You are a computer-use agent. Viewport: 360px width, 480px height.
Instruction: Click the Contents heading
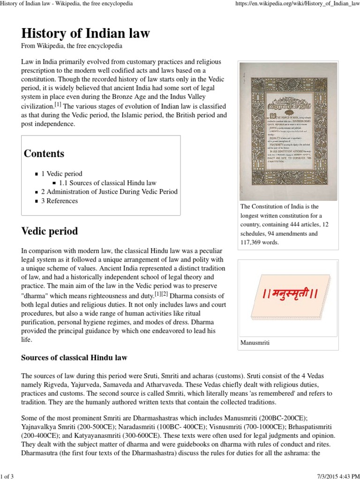click(x=44, y=153)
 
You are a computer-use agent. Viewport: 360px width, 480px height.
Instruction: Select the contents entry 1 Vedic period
click(x=65, y=173)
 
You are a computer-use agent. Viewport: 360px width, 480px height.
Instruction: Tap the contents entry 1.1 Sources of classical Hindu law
click(x=108, y=183)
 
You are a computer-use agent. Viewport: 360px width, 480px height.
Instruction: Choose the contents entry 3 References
click(x=60, y=201)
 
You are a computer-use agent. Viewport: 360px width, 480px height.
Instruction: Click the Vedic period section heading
click(x=50, y=231)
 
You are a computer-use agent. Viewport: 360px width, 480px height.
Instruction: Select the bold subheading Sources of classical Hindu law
click(x=75, y=358)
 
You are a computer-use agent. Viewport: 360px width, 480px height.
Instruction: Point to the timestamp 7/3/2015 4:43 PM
click(x=333, y=474)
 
